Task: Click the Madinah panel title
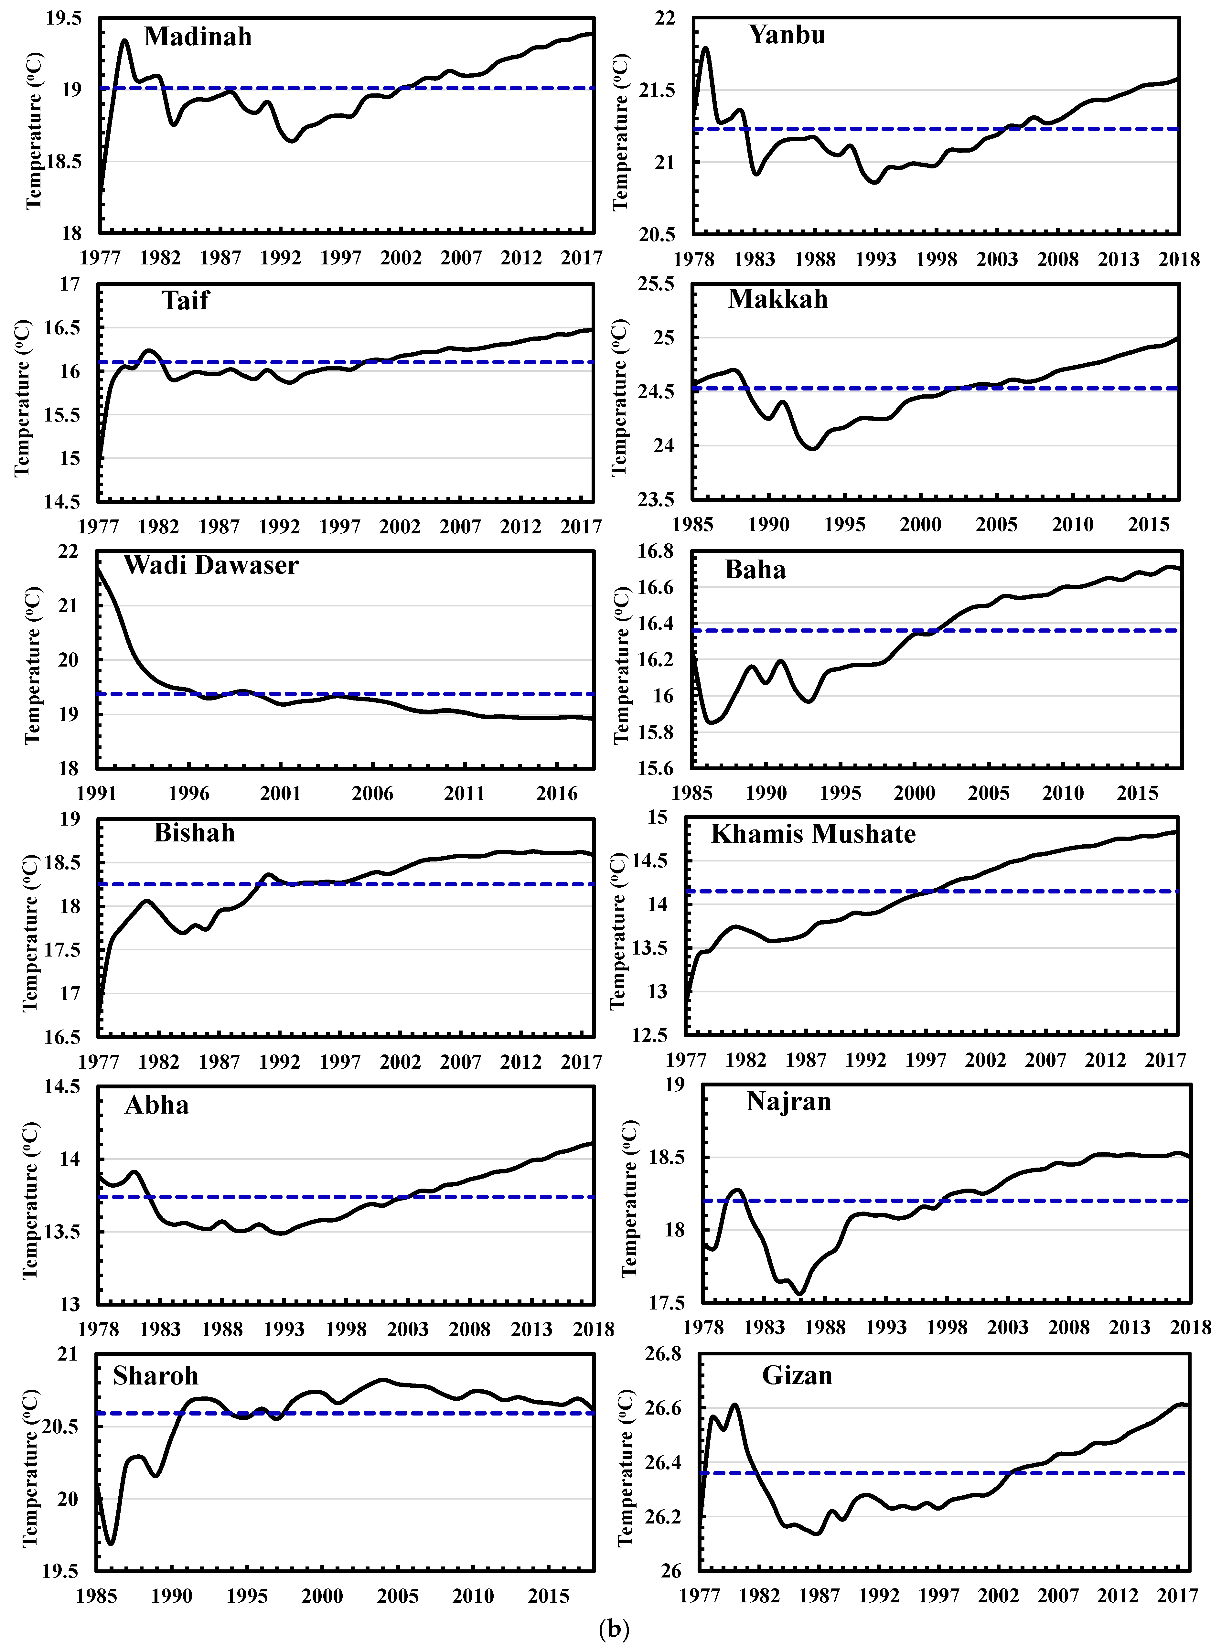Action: coord(198,37)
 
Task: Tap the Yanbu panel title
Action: coord(787,35)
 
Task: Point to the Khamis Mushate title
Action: coord(813,834)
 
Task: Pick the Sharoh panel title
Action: coord(155,1376)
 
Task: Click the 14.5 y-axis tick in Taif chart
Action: coord(61,502)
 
